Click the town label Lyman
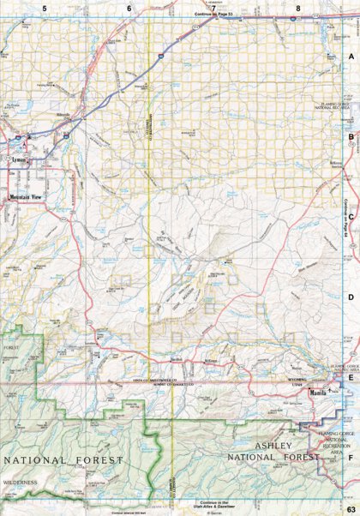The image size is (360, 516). pyautogui.click(x=19, y=159)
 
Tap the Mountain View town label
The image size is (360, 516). pyautogui.click(x=25, y=197)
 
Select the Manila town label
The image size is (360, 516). pyautogui.click(x=318, y=392)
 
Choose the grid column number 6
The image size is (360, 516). pyautogui.click(x=129, y=9)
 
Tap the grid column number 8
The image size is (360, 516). pyautogui.click(x=297, y=9)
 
